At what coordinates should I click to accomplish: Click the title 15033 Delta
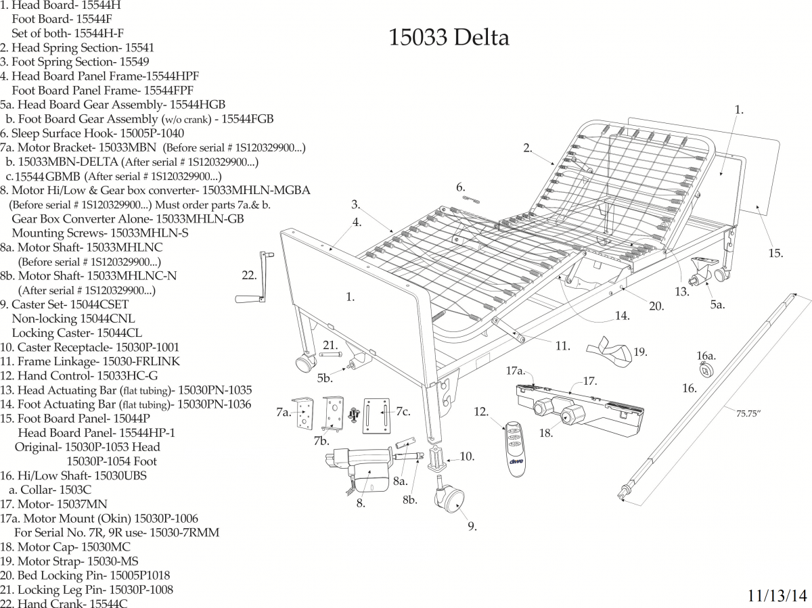449,38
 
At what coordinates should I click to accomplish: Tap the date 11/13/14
777,596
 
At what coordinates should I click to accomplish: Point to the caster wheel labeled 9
449,499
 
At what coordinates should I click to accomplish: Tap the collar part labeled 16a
706,369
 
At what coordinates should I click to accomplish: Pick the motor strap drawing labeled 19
606,346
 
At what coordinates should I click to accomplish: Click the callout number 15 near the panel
775,254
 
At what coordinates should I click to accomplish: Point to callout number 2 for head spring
528,149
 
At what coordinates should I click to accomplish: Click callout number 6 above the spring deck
460,187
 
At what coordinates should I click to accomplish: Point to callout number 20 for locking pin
656,306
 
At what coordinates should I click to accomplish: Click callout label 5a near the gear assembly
717,305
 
